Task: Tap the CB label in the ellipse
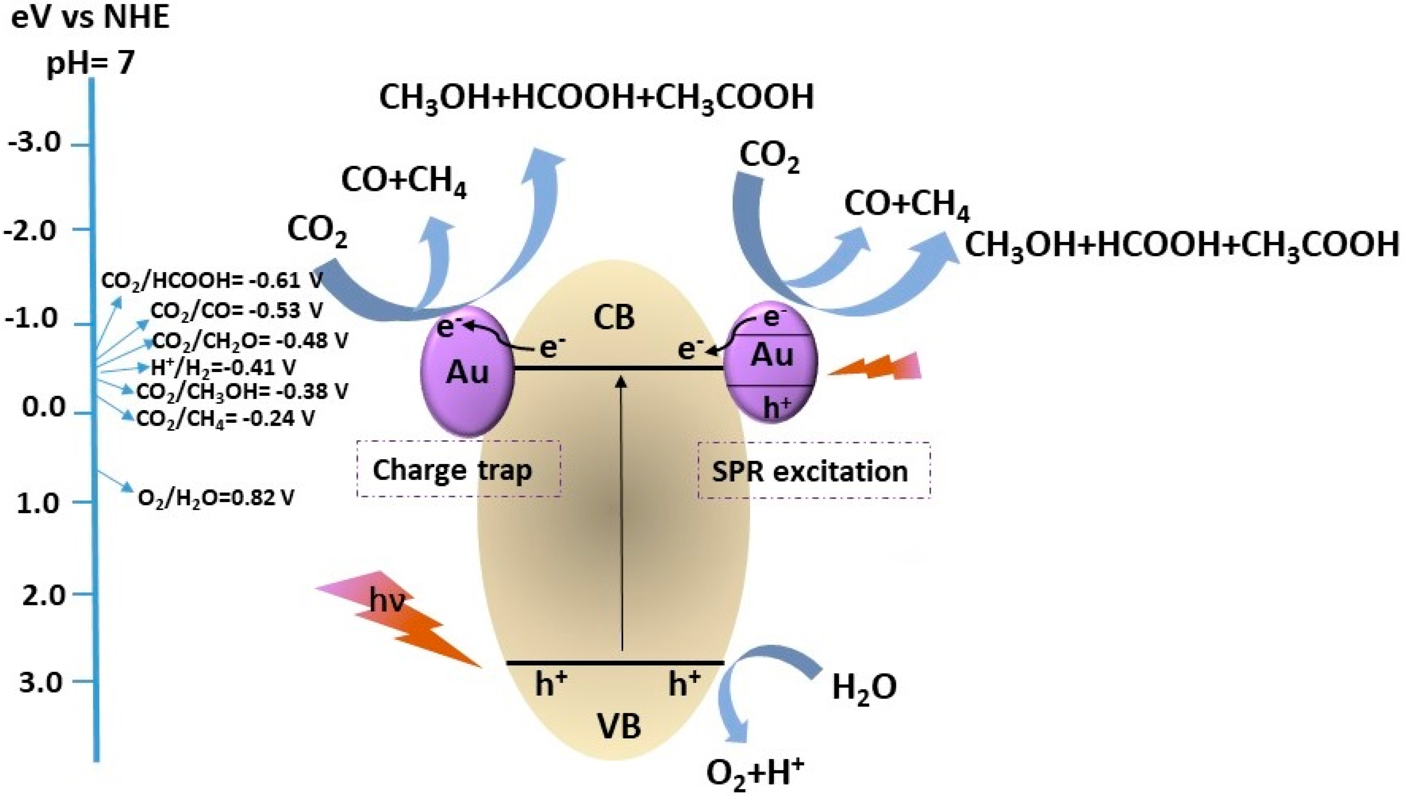(x=614, y=317)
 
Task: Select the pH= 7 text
(x=90, y=63)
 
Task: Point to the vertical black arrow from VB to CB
(x=621, y=514)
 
